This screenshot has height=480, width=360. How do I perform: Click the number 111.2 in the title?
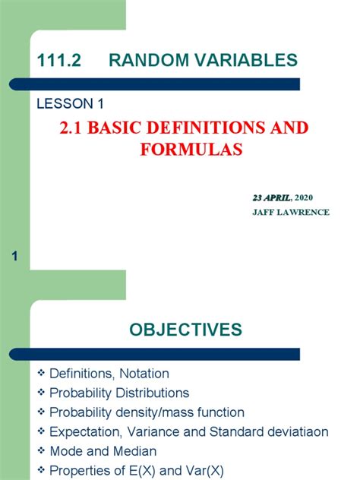click(x=56, y=60)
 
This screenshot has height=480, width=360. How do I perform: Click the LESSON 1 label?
click(x=70, y=103)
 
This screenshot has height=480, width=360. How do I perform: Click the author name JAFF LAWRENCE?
click(x=290, y=212)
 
